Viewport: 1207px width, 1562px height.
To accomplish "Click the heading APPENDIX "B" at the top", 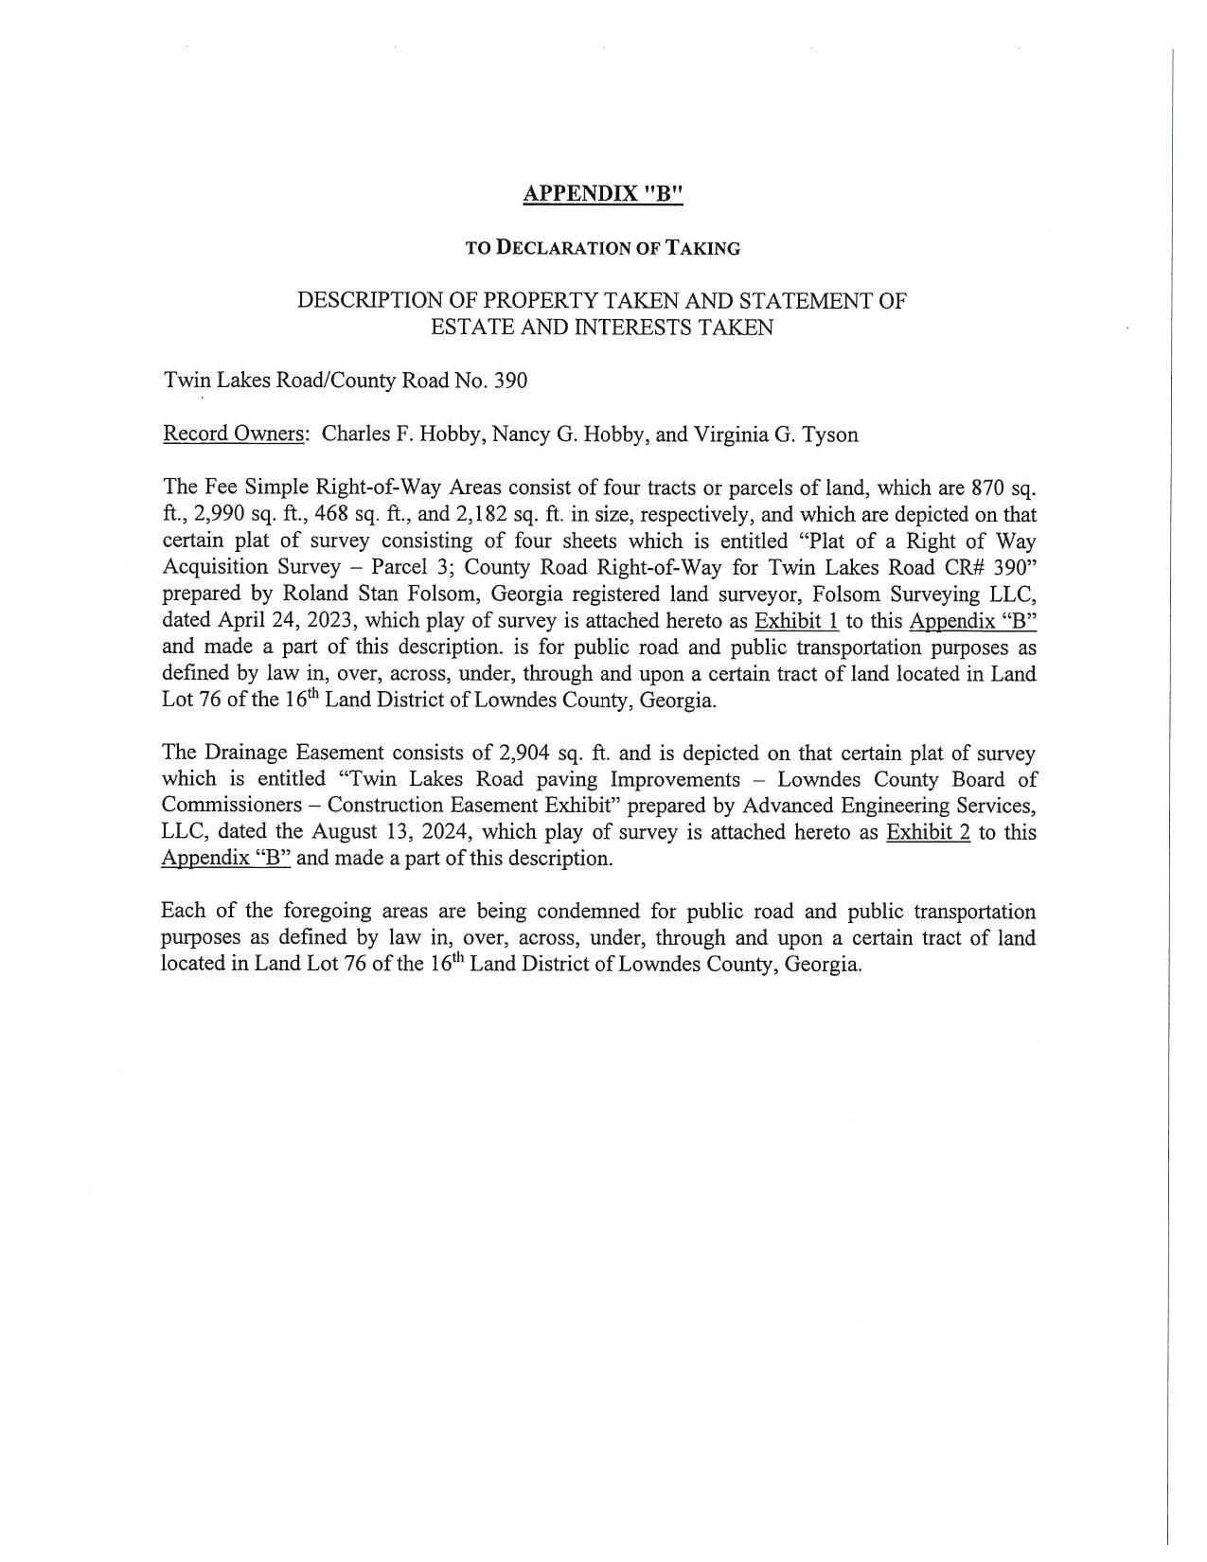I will (602, 194).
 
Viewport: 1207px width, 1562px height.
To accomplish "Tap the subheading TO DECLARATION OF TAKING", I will (602, 249).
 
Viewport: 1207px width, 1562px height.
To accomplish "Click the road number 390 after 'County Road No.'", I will (510, 381).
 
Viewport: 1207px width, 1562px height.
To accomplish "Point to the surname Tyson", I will (829, 435).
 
